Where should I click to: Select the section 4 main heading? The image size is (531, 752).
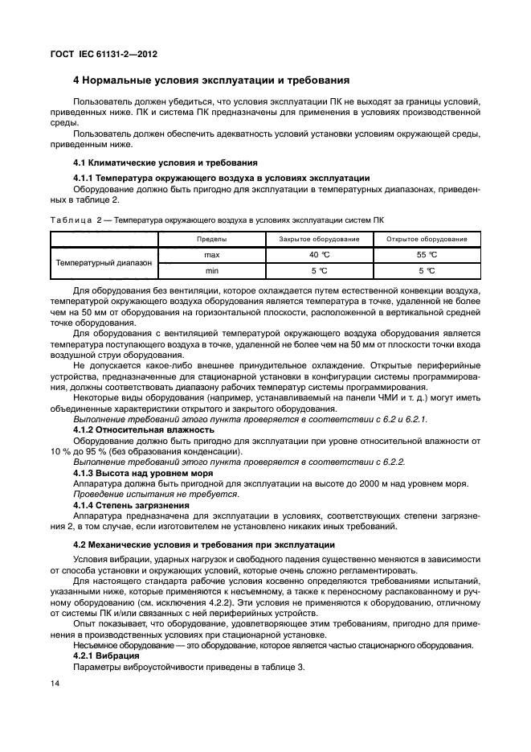[x=210, y=81]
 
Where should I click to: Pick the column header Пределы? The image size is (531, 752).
[x=212, y=239]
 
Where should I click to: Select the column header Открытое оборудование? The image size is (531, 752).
[x=427, y=239]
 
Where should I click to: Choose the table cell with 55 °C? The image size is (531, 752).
[x=427, y=254]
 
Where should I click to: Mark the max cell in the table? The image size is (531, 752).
[x=212, y=254]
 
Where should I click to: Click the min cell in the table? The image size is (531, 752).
[x=212, y=270]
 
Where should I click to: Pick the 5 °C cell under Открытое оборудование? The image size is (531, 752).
[x=427, y=270]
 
